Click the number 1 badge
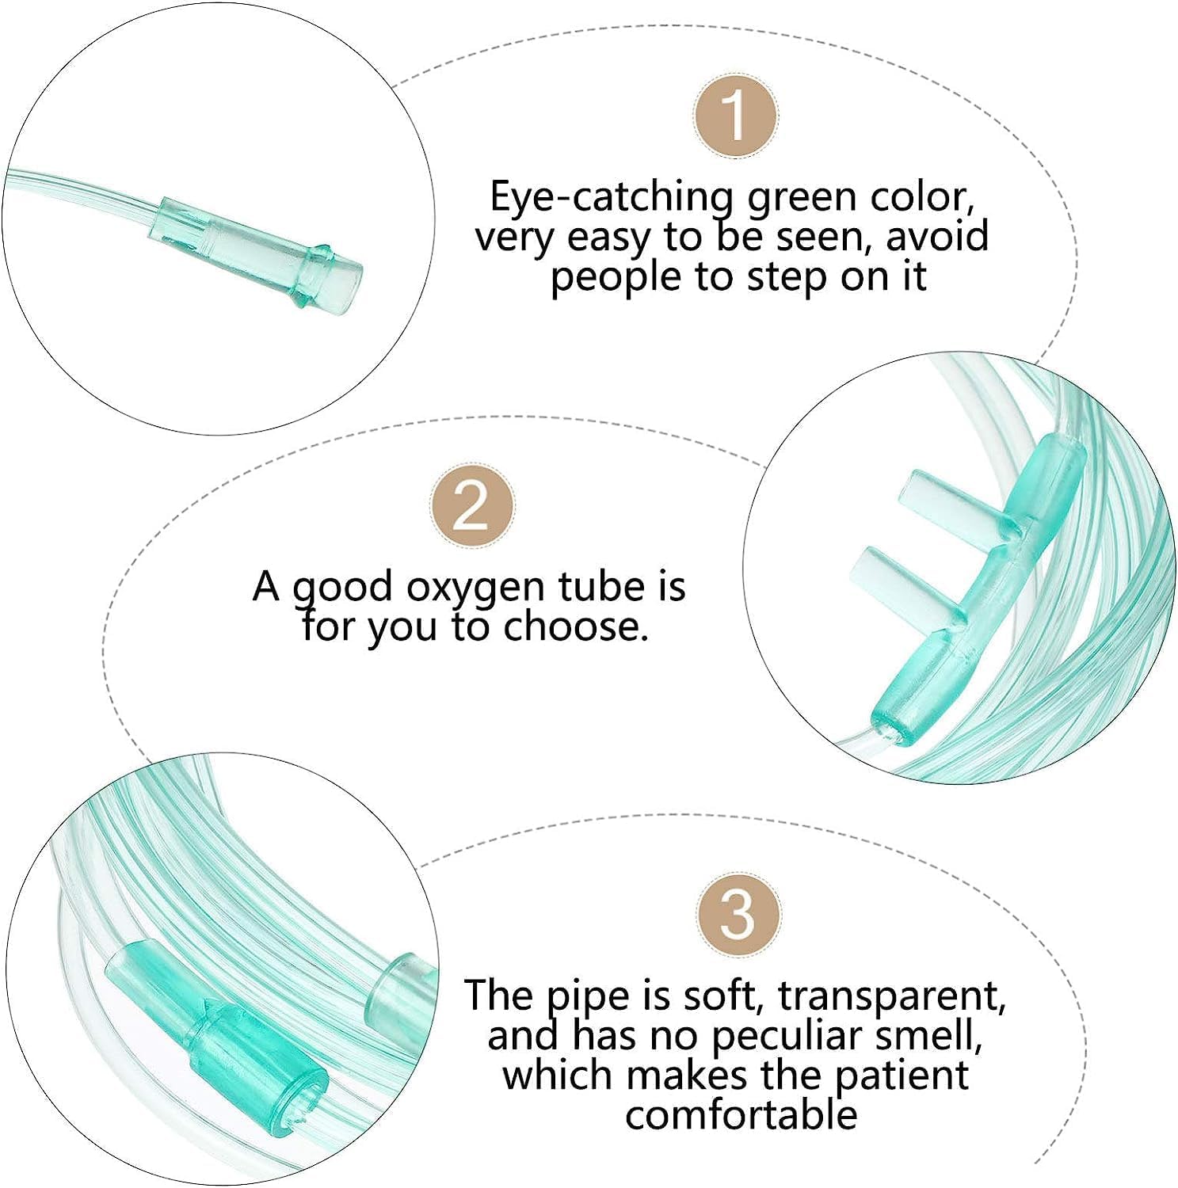coord(735,115)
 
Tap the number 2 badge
coord(471,505)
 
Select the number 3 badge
coord(738,914)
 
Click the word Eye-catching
coord(612,197)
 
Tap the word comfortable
coord(741,1115)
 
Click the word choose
coord(575,627)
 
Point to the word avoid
coord(937,237)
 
